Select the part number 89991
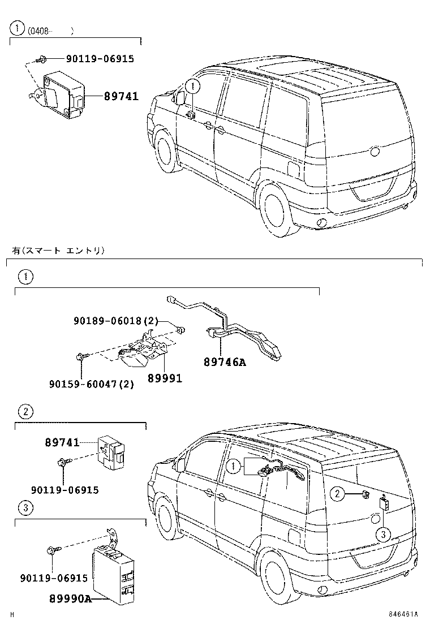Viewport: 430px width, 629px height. pos(165,378)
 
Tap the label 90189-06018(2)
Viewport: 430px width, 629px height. pos(115,321)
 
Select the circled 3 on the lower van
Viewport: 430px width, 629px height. pos(383,534)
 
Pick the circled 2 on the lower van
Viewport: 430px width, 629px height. pos(337,494)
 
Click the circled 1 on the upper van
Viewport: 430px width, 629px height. pos(193,86)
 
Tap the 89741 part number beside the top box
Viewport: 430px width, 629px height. pos(121,97)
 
